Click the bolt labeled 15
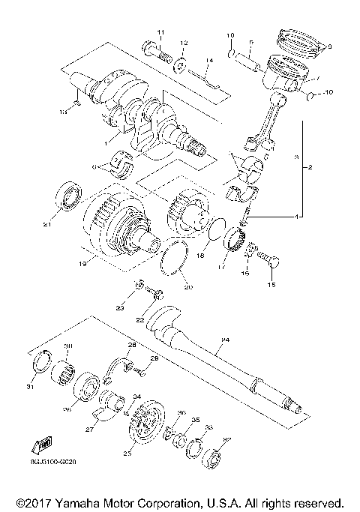tap(271, 262)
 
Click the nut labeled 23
tap(139, 288)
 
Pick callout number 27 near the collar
tap(91, 430)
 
